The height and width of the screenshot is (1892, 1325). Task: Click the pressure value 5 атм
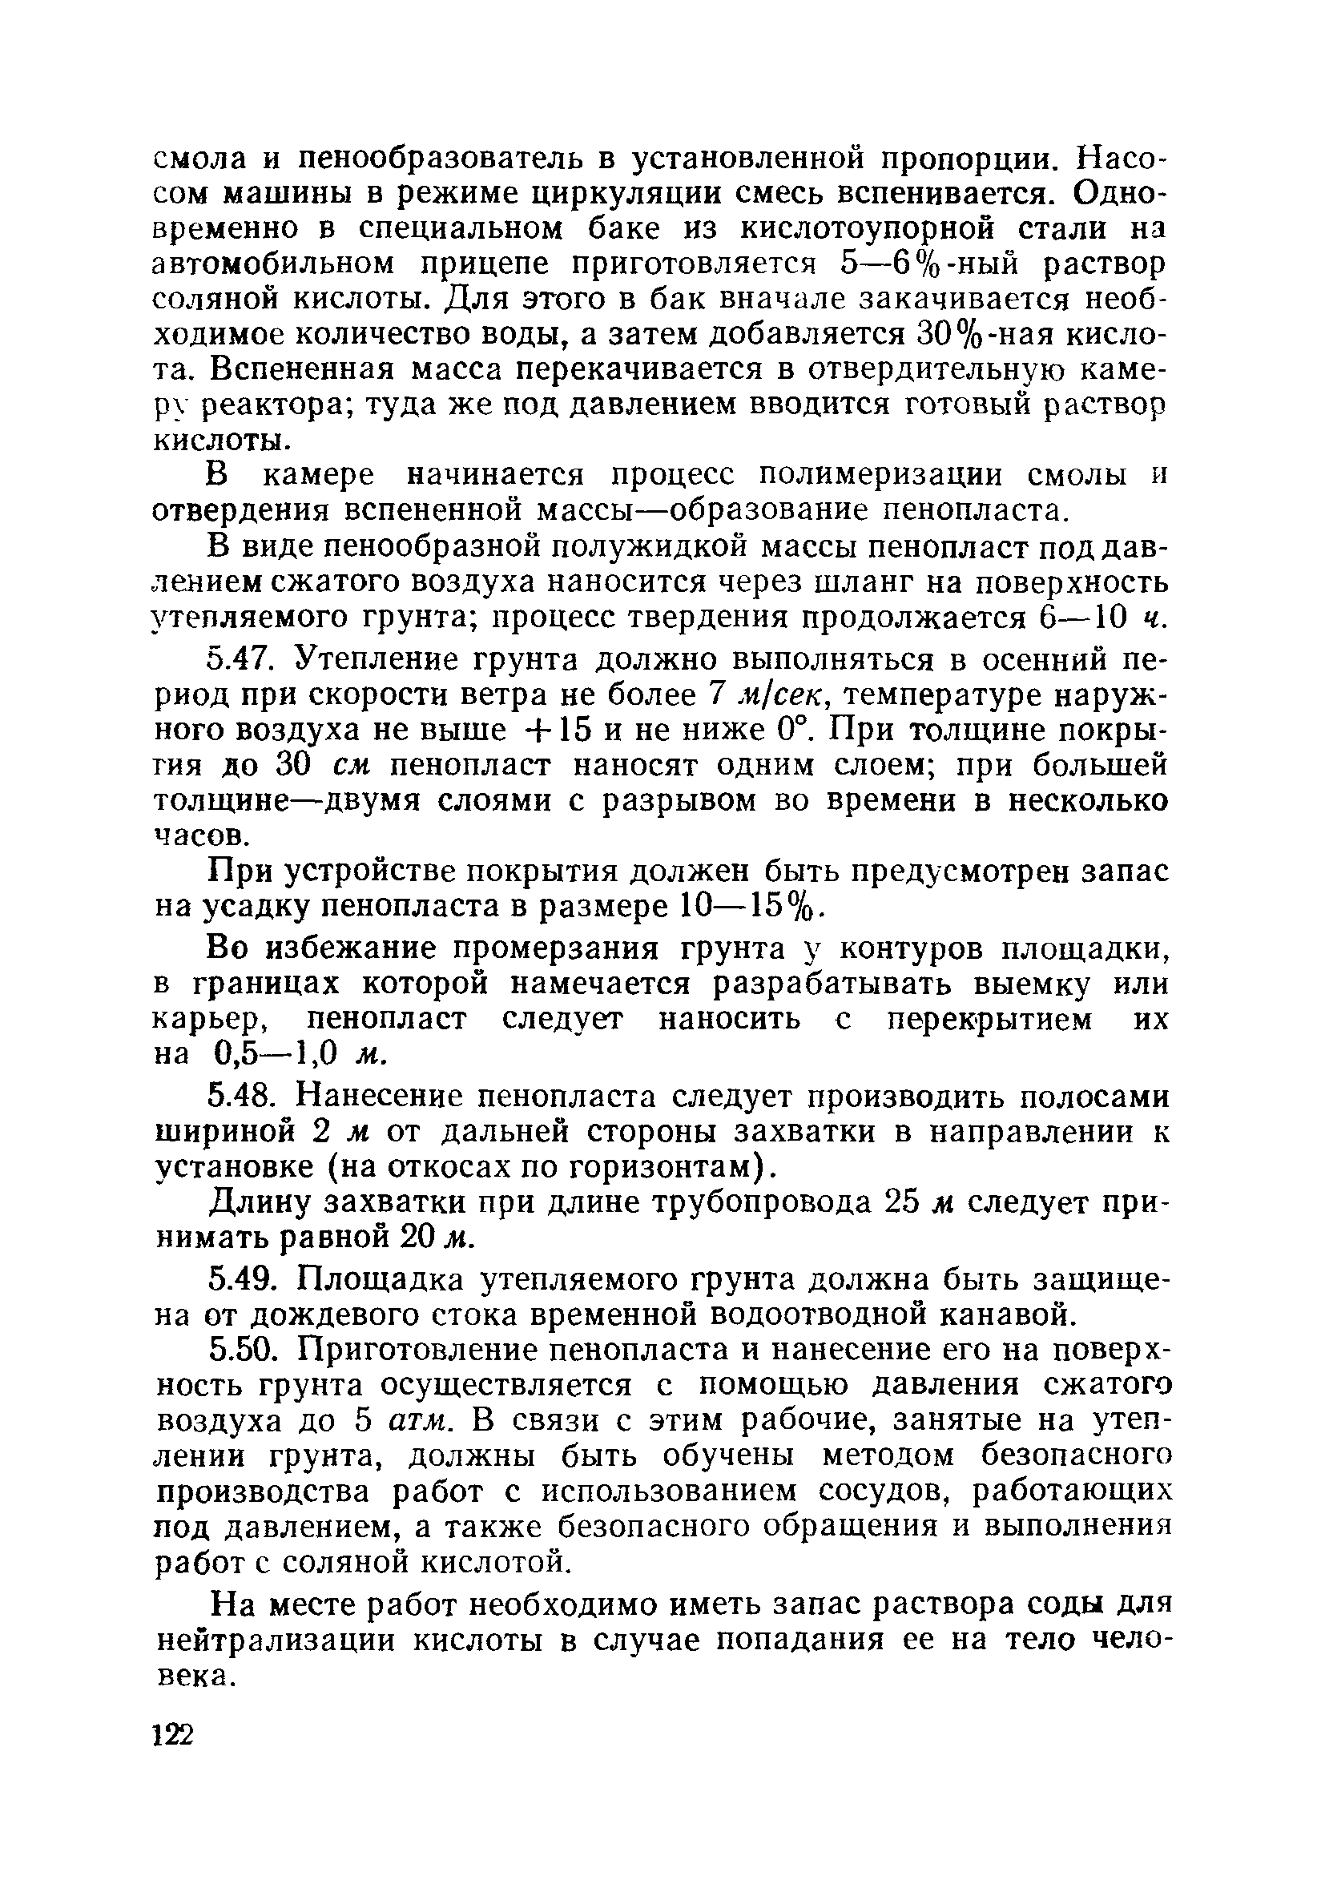(x=405, y=1422)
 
